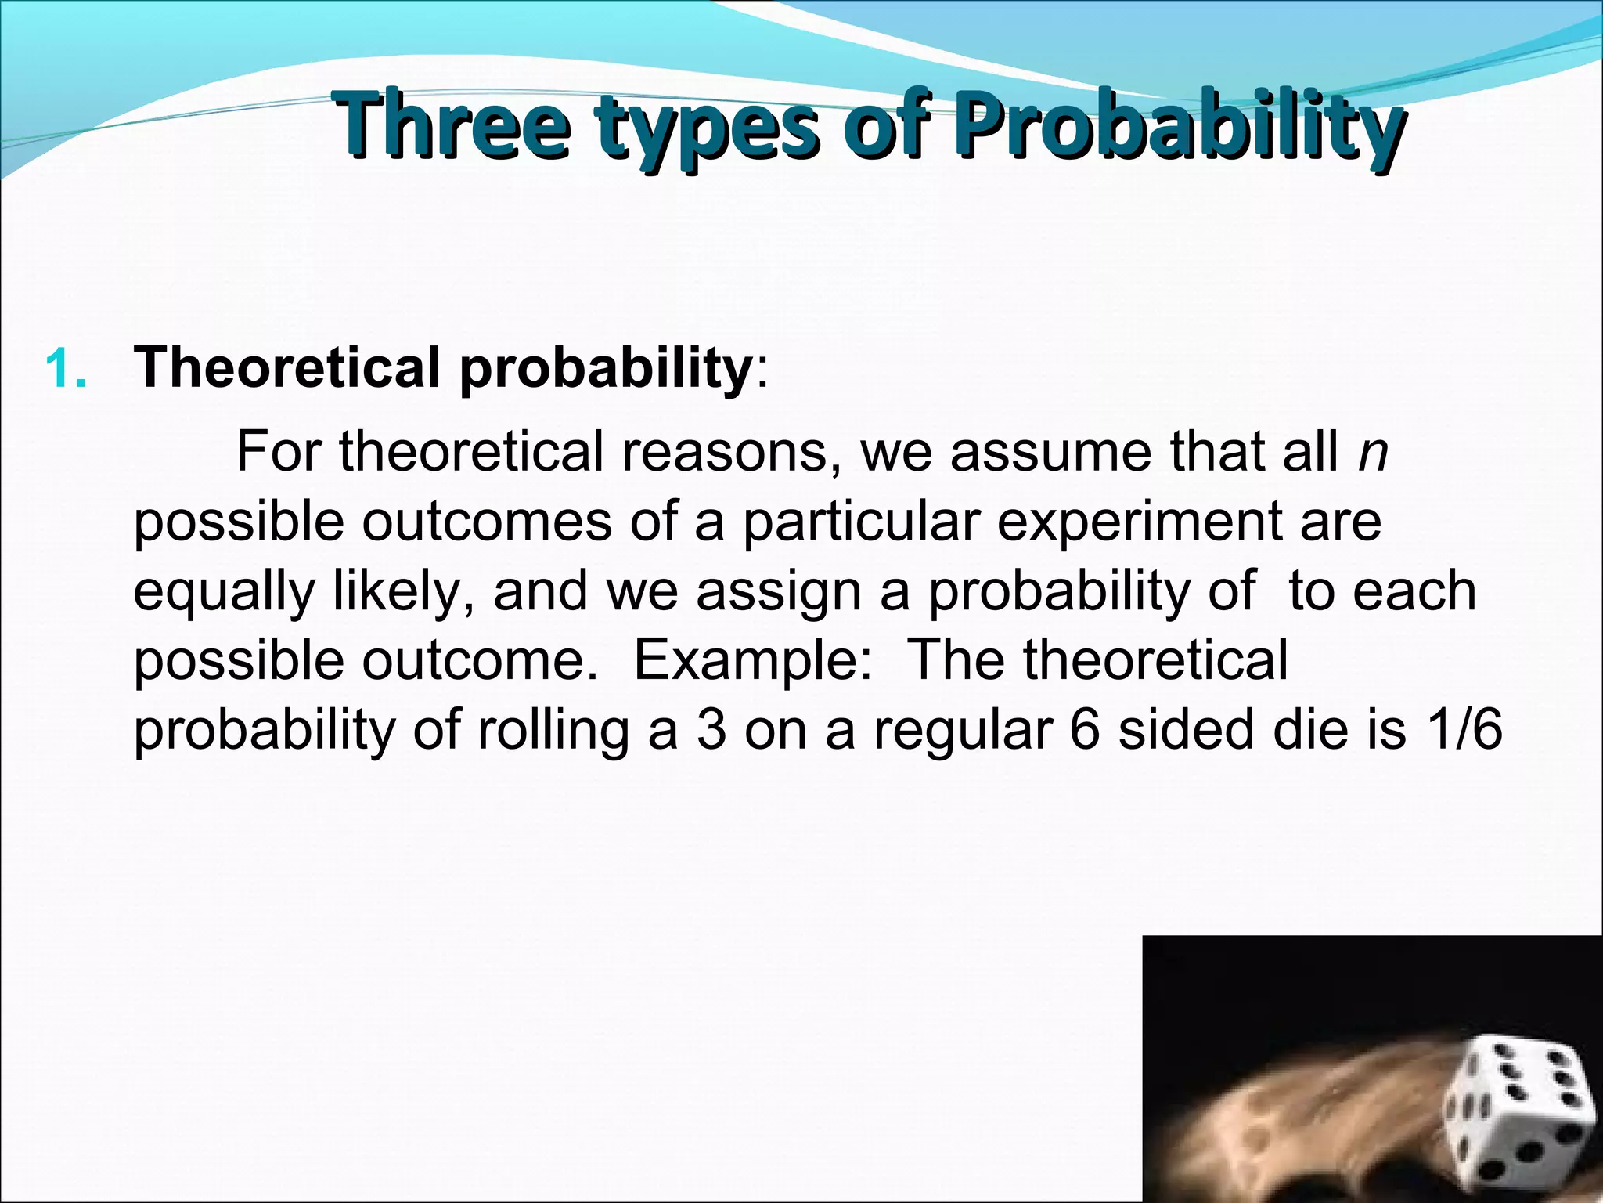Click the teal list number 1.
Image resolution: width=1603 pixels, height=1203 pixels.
click(x=66, y=369)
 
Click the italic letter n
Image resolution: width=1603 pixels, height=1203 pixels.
click(x=1373, y=452)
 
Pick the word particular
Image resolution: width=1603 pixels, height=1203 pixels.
click(x=861, y=521)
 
